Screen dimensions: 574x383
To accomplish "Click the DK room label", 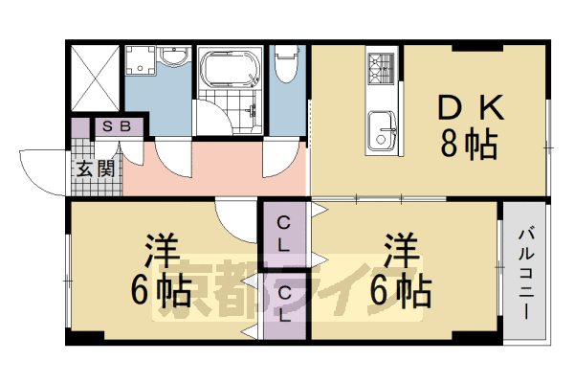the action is coord(471,107).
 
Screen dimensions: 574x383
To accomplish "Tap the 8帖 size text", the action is coord(469,144).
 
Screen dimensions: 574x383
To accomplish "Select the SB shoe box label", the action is coord(117,126).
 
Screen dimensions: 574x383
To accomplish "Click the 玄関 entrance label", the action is coord(96,169).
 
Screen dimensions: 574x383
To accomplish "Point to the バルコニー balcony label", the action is coord(526,272).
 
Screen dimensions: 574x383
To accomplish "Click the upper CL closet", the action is coord(284,234).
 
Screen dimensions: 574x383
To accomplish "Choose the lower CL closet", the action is coord(284,304).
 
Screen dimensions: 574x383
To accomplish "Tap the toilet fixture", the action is coord(287,63).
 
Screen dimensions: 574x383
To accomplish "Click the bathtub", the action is coord(231,70).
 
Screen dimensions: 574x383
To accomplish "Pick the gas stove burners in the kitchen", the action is coord(381,68).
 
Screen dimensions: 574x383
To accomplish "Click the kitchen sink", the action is coord(382,131).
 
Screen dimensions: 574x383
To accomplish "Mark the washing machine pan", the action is coord(141,60).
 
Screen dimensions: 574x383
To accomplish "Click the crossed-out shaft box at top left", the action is coord(95,79).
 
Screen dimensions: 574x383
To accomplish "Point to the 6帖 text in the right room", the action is coord(401,292).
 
